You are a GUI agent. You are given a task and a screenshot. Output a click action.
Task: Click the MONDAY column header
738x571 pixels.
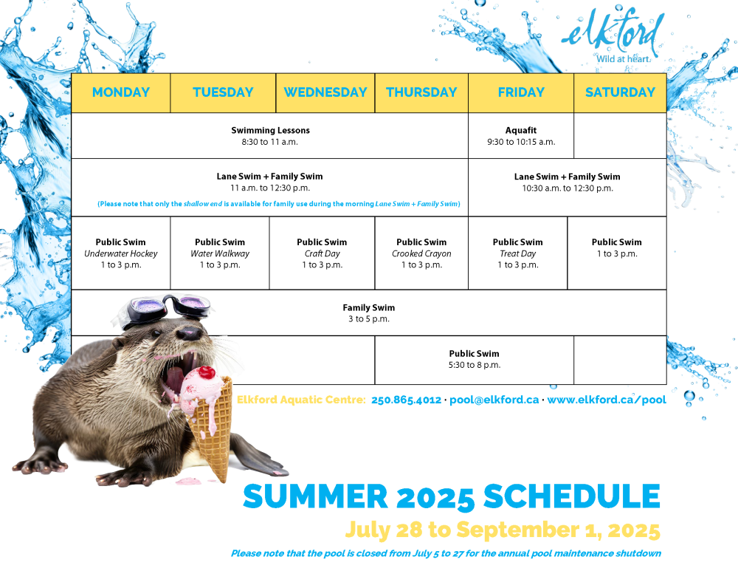click(x=121, y=92)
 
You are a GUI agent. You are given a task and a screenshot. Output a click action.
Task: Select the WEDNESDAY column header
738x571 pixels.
click(x=325, y=92)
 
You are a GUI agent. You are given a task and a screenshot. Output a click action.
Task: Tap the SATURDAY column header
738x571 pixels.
click(x=620, y=92)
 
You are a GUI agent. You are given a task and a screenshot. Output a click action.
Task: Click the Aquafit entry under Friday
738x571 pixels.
click(x=521, y=136)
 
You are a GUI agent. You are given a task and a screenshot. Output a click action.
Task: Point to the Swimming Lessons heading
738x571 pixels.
click(x=270, y=130)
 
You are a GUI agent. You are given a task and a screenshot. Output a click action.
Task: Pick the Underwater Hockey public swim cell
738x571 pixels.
click(x=121, y=253)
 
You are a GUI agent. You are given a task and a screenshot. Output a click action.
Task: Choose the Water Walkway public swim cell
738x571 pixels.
click(x=220, y=253)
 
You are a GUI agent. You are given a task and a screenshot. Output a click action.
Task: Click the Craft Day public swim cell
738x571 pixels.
click(x=322, y=253)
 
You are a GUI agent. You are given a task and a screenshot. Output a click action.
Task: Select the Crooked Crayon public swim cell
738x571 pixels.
click(x=421, y=253)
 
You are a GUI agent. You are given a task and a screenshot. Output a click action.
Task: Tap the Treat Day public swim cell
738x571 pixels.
click(x=518, y=253)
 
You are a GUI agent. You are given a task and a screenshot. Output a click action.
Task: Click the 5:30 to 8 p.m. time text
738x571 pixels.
click(x=475, y=365)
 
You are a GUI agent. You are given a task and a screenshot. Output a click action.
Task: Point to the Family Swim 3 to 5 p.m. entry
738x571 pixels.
click(x=369, y=312)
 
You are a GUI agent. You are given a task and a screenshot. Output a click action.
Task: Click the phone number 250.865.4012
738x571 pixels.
click(x=406, y=400)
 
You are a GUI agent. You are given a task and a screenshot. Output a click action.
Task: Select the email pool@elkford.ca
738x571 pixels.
click(x=494, y=400)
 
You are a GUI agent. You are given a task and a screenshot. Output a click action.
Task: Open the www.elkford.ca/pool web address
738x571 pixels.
click(x=607, y=400)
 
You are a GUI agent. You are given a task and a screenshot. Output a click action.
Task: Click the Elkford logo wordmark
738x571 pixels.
click(x=613, y=32)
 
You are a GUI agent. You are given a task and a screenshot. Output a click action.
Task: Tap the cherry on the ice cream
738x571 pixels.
click(x=206, y=372)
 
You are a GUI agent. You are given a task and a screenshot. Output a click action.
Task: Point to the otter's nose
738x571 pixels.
click(x=190, y=333)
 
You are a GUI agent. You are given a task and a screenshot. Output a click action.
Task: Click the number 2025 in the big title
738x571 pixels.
click(x=435, y=497)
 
